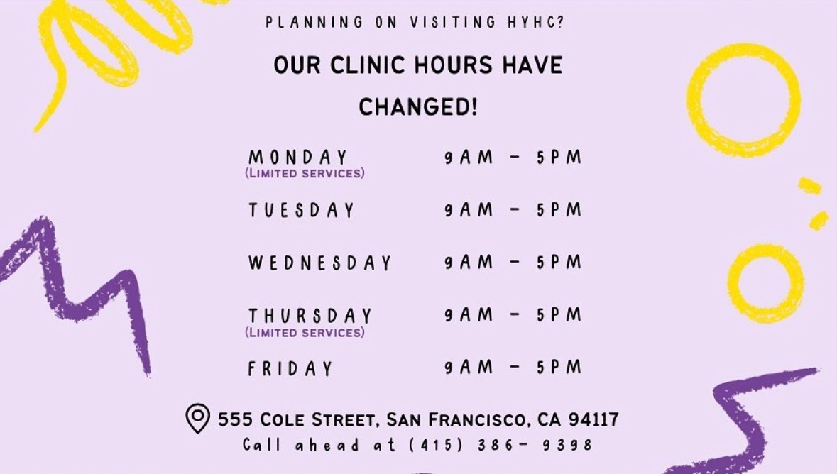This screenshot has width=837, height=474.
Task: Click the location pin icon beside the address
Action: point(197,418)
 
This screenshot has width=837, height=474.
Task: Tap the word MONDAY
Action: point(298,158)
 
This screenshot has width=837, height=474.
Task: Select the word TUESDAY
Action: point(302,210)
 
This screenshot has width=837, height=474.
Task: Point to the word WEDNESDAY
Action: point(320,263)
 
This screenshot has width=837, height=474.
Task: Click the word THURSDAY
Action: point(310,316)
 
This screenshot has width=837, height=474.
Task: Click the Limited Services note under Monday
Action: point(305,173)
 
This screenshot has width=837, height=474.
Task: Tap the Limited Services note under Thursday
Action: point(305,333)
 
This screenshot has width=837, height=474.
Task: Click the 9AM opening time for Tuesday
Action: point(469,210)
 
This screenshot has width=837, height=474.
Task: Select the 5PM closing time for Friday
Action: point(559,368)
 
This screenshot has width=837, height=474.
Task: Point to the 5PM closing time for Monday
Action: point(559,158)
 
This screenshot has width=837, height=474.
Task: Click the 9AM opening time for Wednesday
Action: point(469,262)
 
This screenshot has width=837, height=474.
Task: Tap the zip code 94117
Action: point(593,419)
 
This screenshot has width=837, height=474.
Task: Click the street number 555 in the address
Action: point(235,419)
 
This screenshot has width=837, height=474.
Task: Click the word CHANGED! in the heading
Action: point(418,107)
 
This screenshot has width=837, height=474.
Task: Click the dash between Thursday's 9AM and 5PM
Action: point(515,315)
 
